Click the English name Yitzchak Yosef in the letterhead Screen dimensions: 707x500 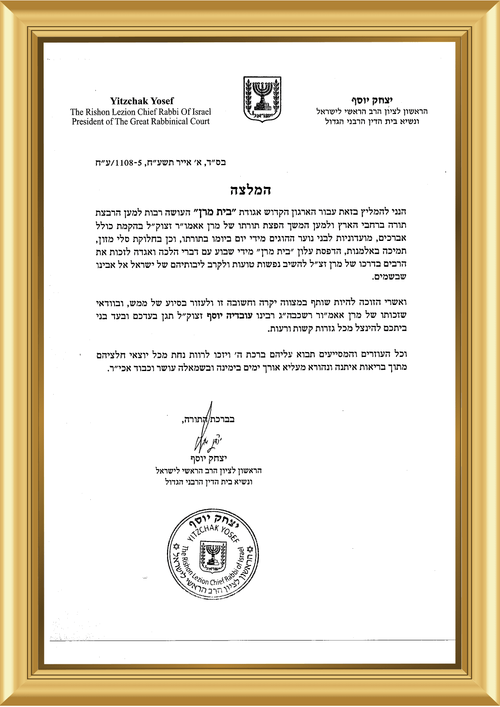pyautogui.click(x=142, y=101)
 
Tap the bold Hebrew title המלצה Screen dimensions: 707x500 pyautogui.click(x=250, y=190)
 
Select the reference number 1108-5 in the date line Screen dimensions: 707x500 pyautogui.click(x=129, y=163)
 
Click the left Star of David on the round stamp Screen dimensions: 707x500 pyautogui.click(x=176, y=547)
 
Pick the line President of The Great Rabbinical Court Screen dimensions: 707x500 pyautogui.click(x=141, y=122)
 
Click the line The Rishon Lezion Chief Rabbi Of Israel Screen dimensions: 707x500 pyautogui.click(x=141, y=112)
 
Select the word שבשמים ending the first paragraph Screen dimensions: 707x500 pyautogui.click(x=390, y=277)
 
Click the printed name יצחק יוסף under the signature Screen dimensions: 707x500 pyautogui.click(x=208, y=458)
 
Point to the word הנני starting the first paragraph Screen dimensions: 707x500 pyautogui.click(x=398, y=211)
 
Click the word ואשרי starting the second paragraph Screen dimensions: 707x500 pyautogui.click(x=396, y=303)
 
